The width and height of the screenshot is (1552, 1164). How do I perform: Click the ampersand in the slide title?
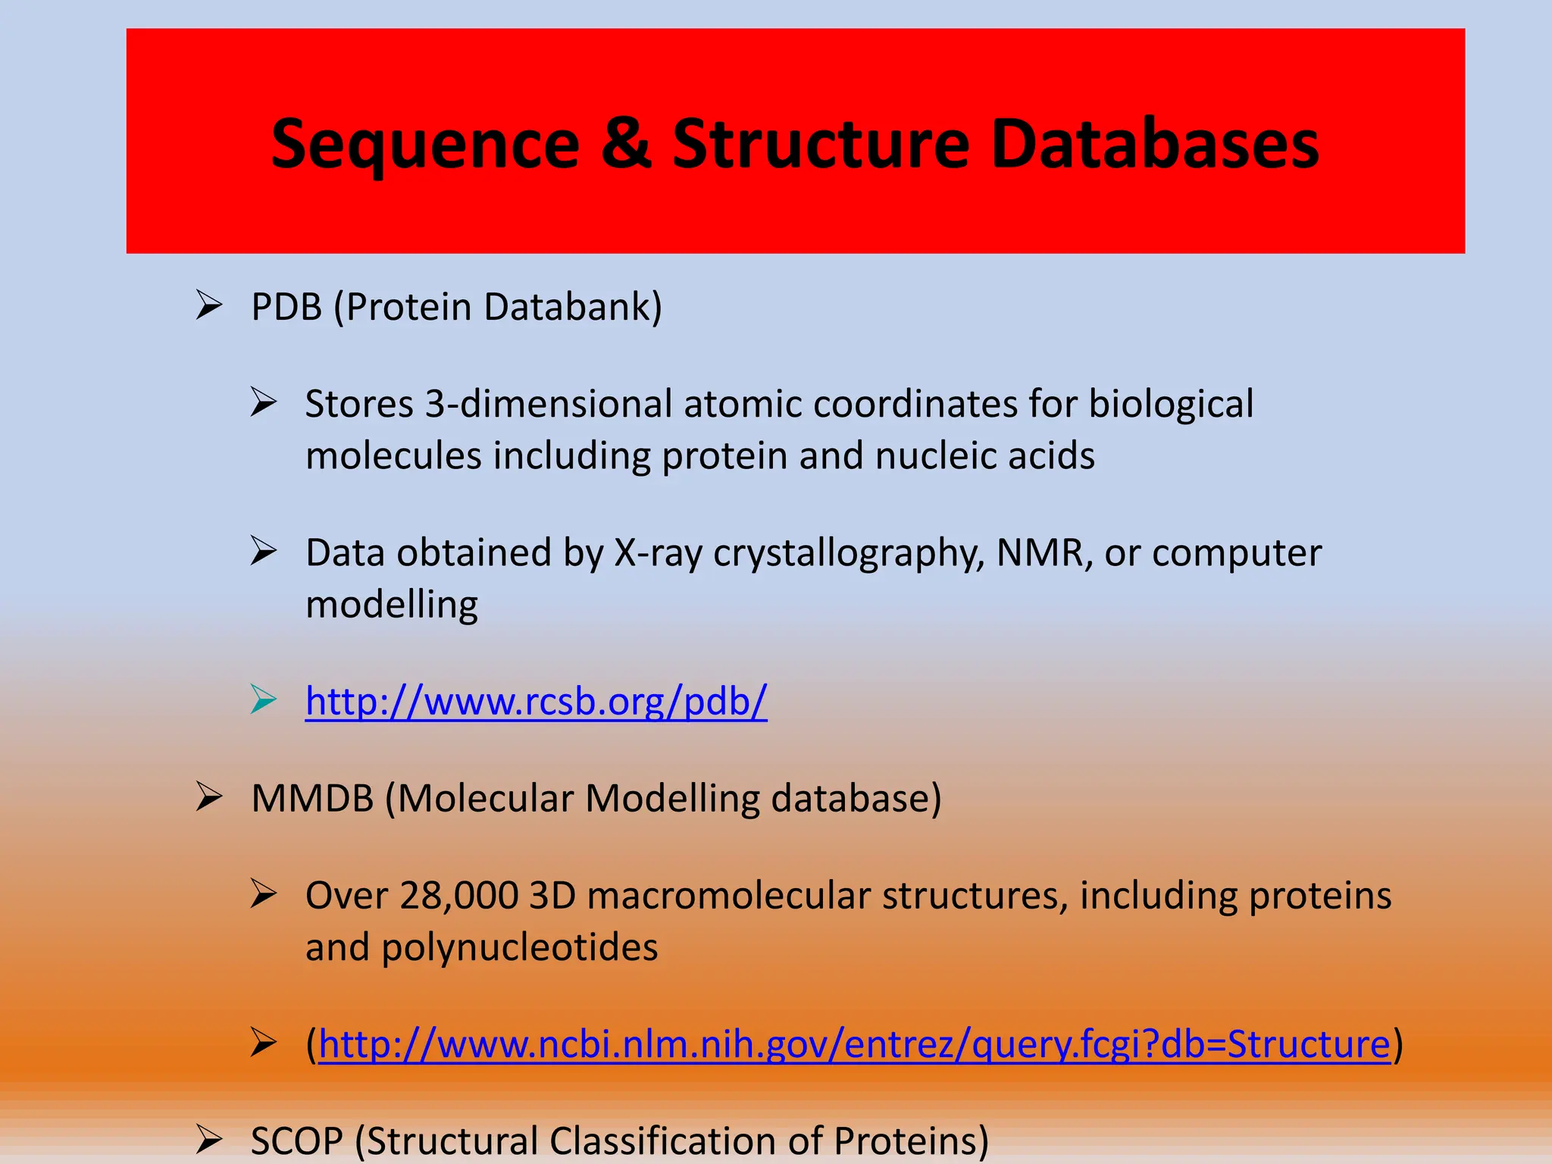[626, 144]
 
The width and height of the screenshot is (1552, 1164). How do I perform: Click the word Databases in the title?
[1155, 144]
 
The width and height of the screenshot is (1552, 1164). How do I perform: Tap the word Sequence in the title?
[425, 145]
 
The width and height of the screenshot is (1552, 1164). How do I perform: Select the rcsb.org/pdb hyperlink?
[536, 701]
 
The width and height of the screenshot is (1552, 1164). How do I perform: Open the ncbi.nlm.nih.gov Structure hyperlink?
[854, 1044]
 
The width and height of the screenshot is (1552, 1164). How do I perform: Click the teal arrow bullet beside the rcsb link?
[264, 699]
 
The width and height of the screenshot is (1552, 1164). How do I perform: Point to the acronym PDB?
[286, 307]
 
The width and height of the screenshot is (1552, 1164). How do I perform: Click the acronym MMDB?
[312, 799]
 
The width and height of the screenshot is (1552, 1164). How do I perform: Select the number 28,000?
[458, 896]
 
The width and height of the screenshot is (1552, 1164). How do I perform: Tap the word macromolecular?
[728, 896]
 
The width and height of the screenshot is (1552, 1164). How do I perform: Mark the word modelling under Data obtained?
[391, 605]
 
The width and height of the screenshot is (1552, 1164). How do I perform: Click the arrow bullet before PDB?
[208, 305]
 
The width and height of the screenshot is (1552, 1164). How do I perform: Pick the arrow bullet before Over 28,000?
[264, 894]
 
